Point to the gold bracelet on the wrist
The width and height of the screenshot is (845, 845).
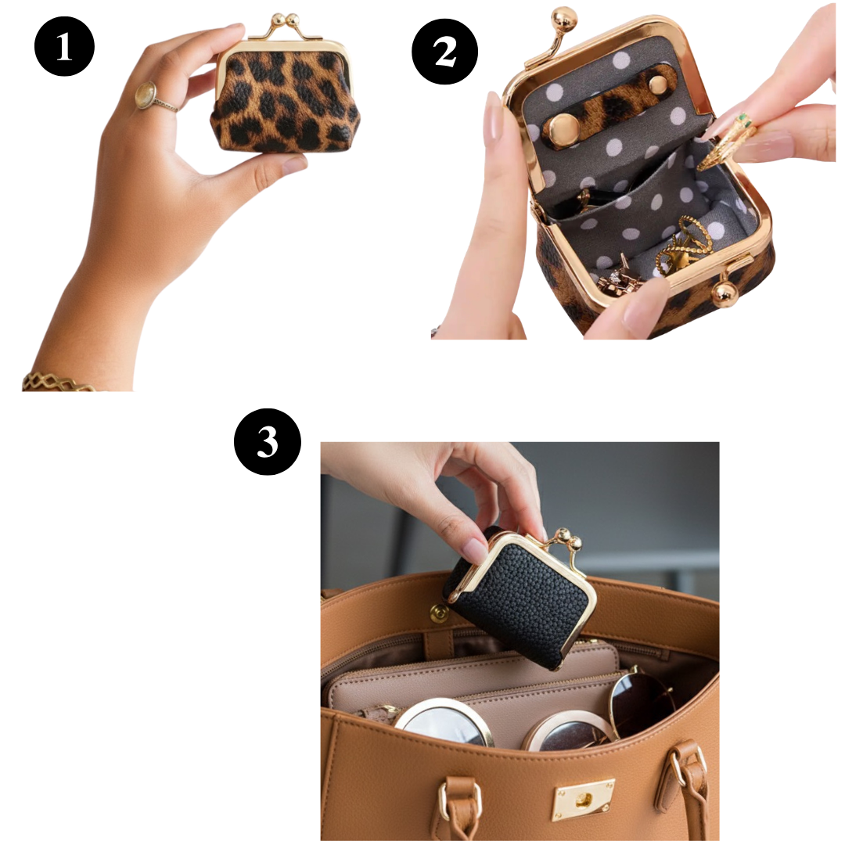click(56, 381)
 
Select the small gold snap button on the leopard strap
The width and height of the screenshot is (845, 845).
click(657, 84)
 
